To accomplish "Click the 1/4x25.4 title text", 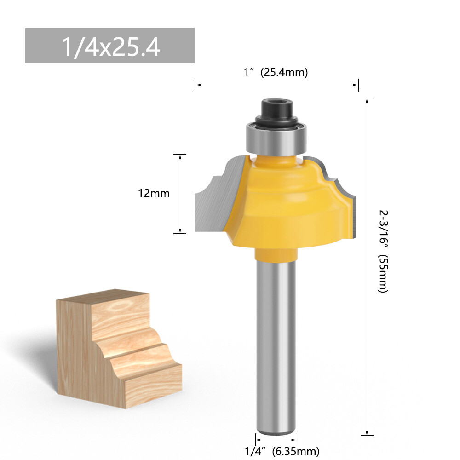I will [x=110, y=46].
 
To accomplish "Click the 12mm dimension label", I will [x=154, y=193].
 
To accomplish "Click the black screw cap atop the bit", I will [x=275, y=110].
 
